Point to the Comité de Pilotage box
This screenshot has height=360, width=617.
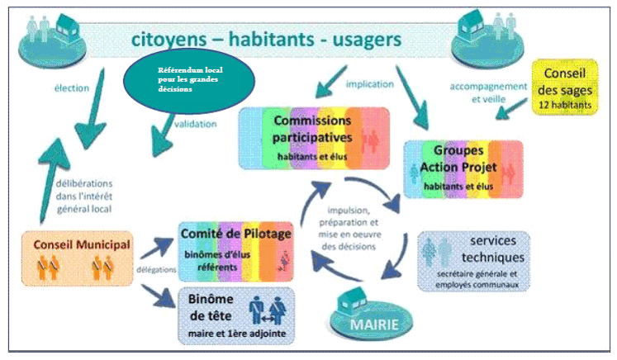point(236,249)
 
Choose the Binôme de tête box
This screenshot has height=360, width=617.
point(235,314)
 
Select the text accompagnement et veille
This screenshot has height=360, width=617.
point(488,92)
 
